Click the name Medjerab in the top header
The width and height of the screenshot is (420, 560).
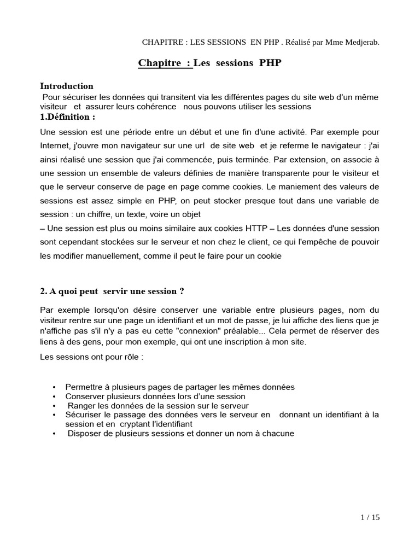click(360, 42)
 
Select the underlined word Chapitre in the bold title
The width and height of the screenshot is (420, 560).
click(160, 63)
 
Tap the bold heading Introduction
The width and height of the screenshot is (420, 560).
click(67, 86)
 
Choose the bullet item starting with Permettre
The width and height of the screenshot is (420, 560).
click(179, 387)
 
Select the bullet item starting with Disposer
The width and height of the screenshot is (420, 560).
click(180, 433)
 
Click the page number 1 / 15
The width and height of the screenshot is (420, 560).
click(370, 518)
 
